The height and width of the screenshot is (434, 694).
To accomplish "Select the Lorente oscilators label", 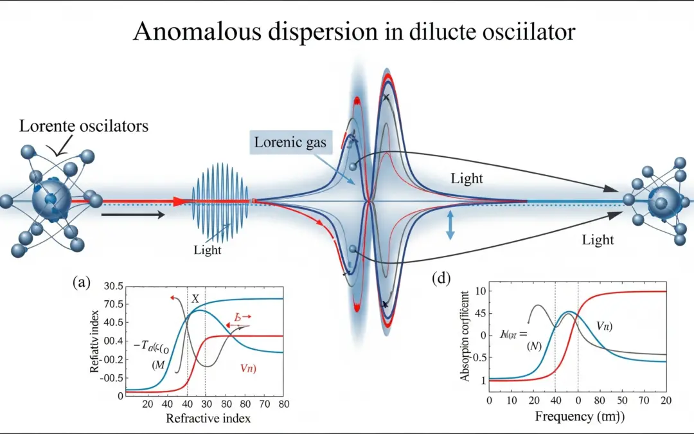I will click(84, 125).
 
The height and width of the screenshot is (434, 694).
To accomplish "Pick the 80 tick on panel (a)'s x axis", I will click(283, 404).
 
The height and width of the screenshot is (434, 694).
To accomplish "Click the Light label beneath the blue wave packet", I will click(207, 250).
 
